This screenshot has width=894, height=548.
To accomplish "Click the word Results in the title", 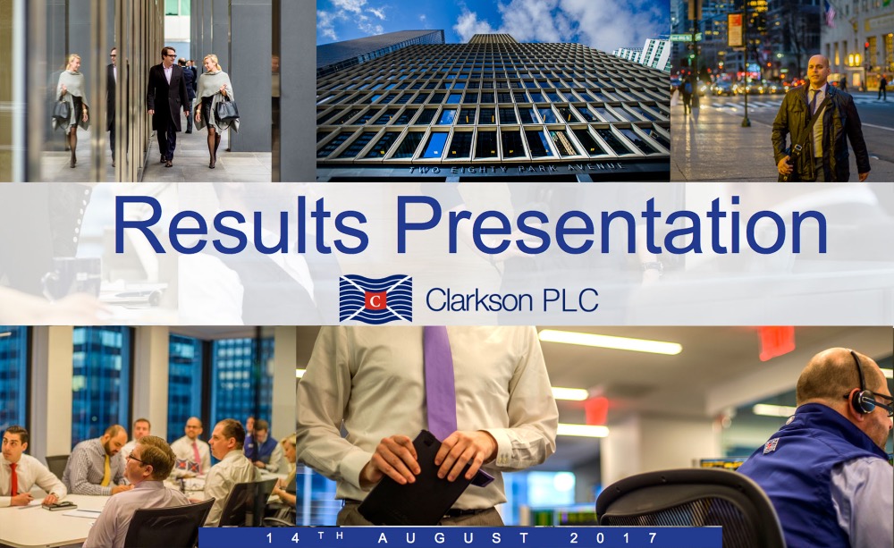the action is tap(240, 225).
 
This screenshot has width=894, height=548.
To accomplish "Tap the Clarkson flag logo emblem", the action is tap(375, 299).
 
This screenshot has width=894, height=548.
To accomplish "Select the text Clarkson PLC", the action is tap(511, 299).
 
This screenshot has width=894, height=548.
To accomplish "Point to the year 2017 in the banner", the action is tap(614, 538).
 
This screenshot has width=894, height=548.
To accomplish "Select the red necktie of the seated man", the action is tap(13, 479).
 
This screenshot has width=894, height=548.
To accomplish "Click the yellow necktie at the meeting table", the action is tap(106, 470).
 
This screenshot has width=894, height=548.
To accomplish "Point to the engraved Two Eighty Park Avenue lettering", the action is tap(517, 169).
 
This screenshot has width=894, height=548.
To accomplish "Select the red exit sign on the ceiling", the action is tap(776, 342).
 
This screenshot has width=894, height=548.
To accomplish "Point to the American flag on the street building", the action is tap(830, 13).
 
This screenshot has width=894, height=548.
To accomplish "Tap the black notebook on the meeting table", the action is tap(59, 505).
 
